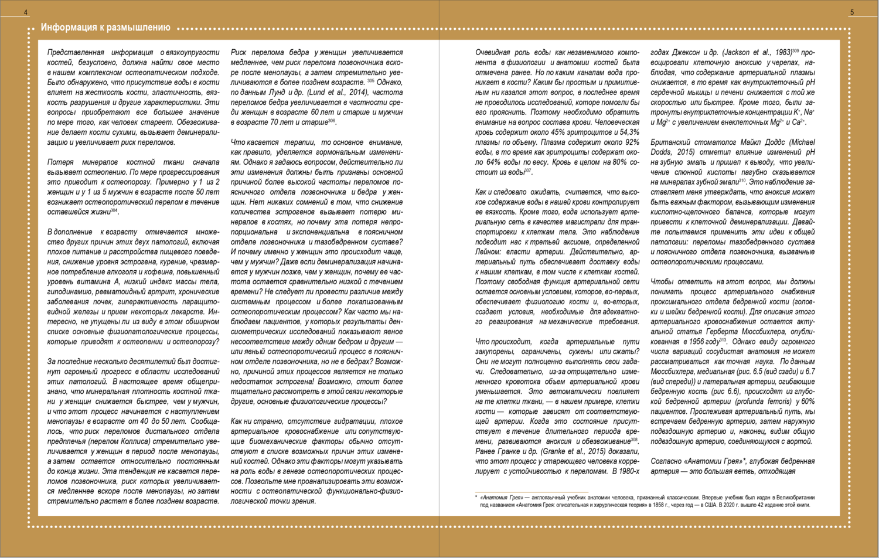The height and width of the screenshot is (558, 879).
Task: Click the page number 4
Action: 25,12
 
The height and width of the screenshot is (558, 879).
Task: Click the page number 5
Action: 852,12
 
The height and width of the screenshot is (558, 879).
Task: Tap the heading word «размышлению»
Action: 139,28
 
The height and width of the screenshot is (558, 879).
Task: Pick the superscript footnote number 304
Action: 114,210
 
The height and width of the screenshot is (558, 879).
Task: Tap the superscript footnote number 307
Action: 527,171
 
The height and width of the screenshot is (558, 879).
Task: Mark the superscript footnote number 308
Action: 633,439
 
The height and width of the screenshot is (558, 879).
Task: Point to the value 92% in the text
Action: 632,142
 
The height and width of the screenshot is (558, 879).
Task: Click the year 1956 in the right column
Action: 695,342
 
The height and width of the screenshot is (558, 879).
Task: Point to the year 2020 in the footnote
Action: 731,505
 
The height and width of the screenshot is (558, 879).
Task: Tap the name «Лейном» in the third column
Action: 489,251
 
